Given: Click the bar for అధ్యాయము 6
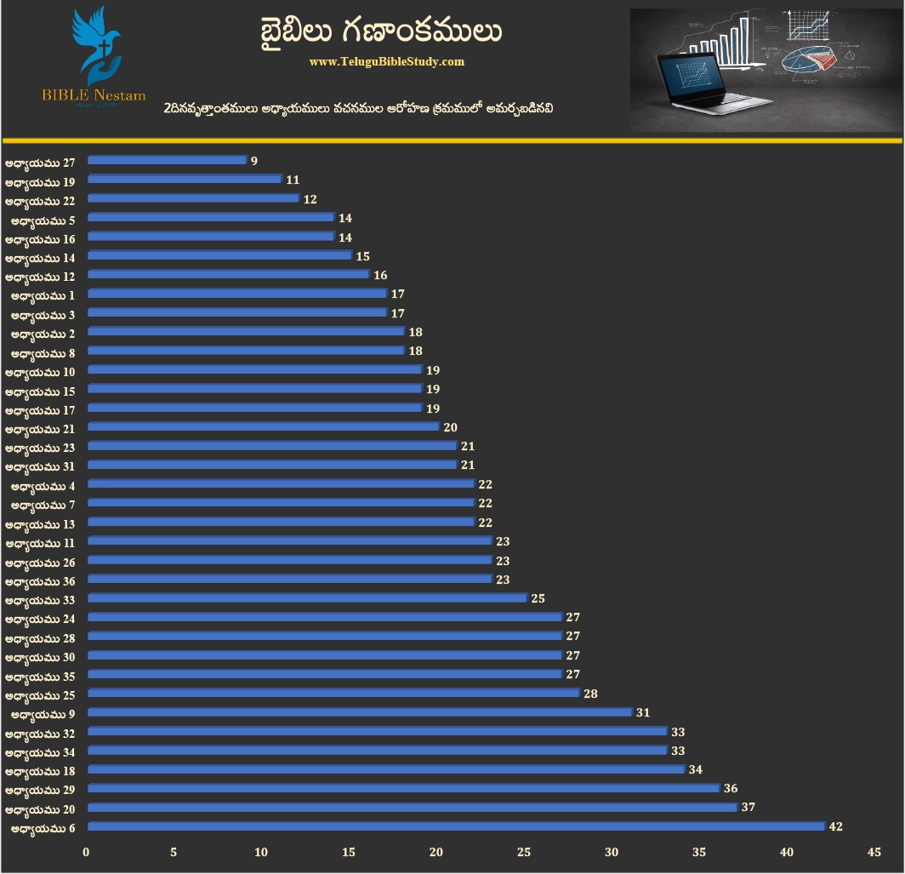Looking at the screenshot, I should pyautogui.click(x=456, y=826).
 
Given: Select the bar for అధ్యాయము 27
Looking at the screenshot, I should pyautogui.click(x=167, y=160).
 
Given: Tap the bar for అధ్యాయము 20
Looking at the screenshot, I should pyautogui.click(x=412, y=808).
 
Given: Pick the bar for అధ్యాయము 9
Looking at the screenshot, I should pyautogui.click(x=360, y=712).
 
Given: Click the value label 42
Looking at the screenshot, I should pyautogui.click(x=835, y=826).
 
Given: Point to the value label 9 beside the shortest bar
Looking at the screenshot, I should pyautogui.click(x=253, y=160).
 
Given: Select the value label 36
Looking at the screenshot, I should pyautogui.click(x=730, y=789).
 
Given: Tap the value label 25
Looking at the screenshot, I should pyautogui.click(x=538, y=598).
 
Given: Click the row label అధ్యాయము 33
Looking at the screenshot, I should pyautogui.click(x=40, y=598).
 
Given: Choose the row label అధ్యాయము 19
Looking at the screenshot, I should pyautogui.click(x=40, y=180).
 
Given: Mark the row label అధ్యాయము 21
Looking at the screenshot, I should pyautogui.click(x=40, y=427).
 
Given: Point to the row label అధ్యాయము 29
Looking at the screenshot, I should pyautogui.click(x=40, y=789).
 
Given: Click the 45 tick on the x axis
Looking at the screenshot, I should pyautogui.click(x=874, y=852).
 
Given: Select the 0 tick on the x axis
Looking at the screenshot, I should pyautogui.click(x=86, y=852).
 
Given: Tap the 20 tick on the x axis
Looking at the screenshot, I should pyautogui.click(x=436, y=852).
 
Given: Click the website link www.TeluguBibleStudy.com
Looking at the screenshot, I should pyautogui.click(x=387, y=62).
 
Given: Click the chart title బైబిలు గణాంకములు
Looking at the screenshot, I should pyautogui.click(x=381, y=31).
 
